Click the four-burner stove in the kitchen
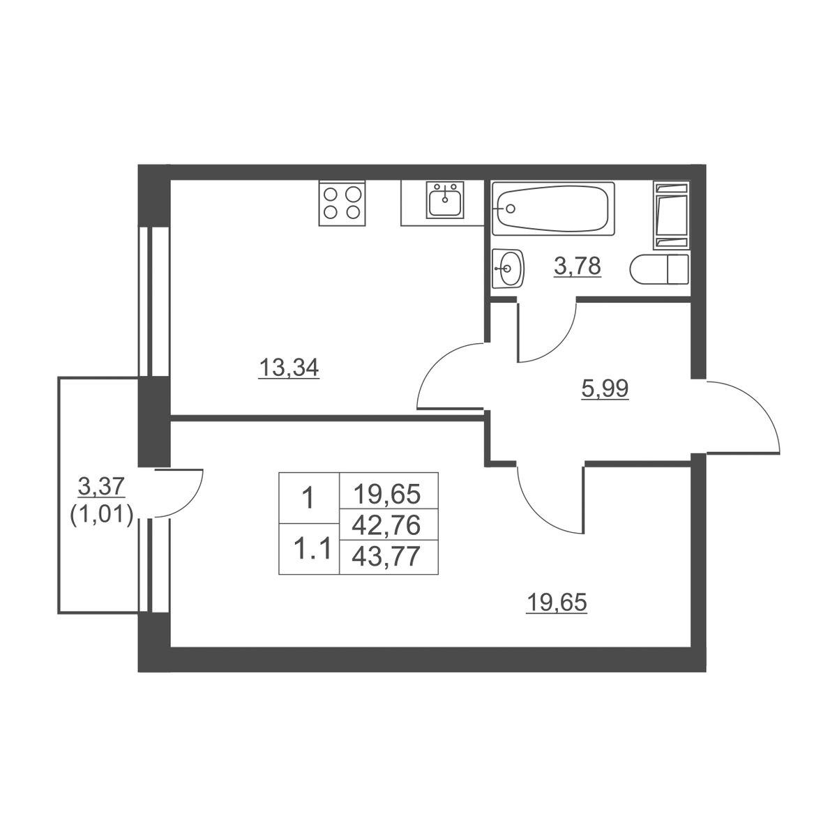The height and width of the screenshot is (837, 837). click(x=342, y=203)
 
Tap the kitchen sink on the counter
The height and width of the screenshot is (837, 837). click(x=445, y=200)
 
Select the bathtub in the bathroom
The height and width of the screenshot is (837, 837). click(x=553, y=209)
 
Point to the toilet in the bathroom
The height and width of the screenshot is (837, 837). click(x=659, y=270)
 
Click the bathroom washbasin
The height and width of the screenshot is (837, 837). click(x=508, y=268)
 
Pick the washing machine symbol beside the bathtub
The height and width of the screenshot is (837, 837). click(x=671, y=216)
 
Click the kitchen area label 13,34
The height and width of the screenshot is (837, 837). click(x=289, y=368)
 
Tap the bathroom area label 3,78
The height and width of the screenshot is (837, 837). click(x=578, y=265)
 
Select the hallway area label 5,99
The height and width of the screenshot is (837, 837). click(x=604, y=389)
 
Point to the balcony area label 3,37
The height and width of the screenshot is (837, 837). click(x=102, y=485)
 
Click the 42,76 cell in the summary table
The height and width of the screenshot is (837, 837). click(x=386, y=526)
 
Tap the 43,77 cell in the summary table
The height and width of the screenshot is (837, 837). click(x=386, y=557)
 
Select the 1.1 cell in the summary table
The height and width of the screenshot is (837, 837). click(x=309, y=550)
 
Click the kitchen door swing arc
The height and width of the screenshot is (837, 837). click(x=437, y=360)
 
